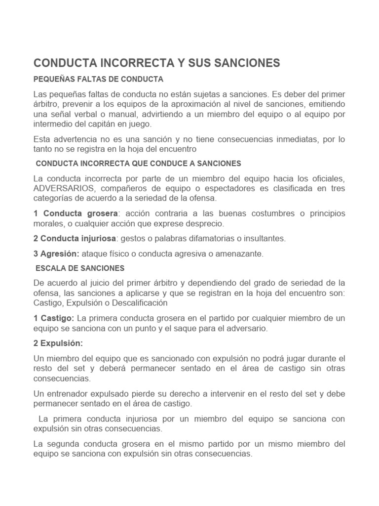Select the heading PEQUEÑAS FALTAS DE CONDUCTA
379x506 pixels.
98,79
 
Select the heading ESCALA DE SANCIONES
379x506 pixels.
81,268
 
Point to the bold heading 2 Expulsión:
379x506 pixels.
58,343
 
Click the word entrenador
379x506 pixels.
70,393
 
